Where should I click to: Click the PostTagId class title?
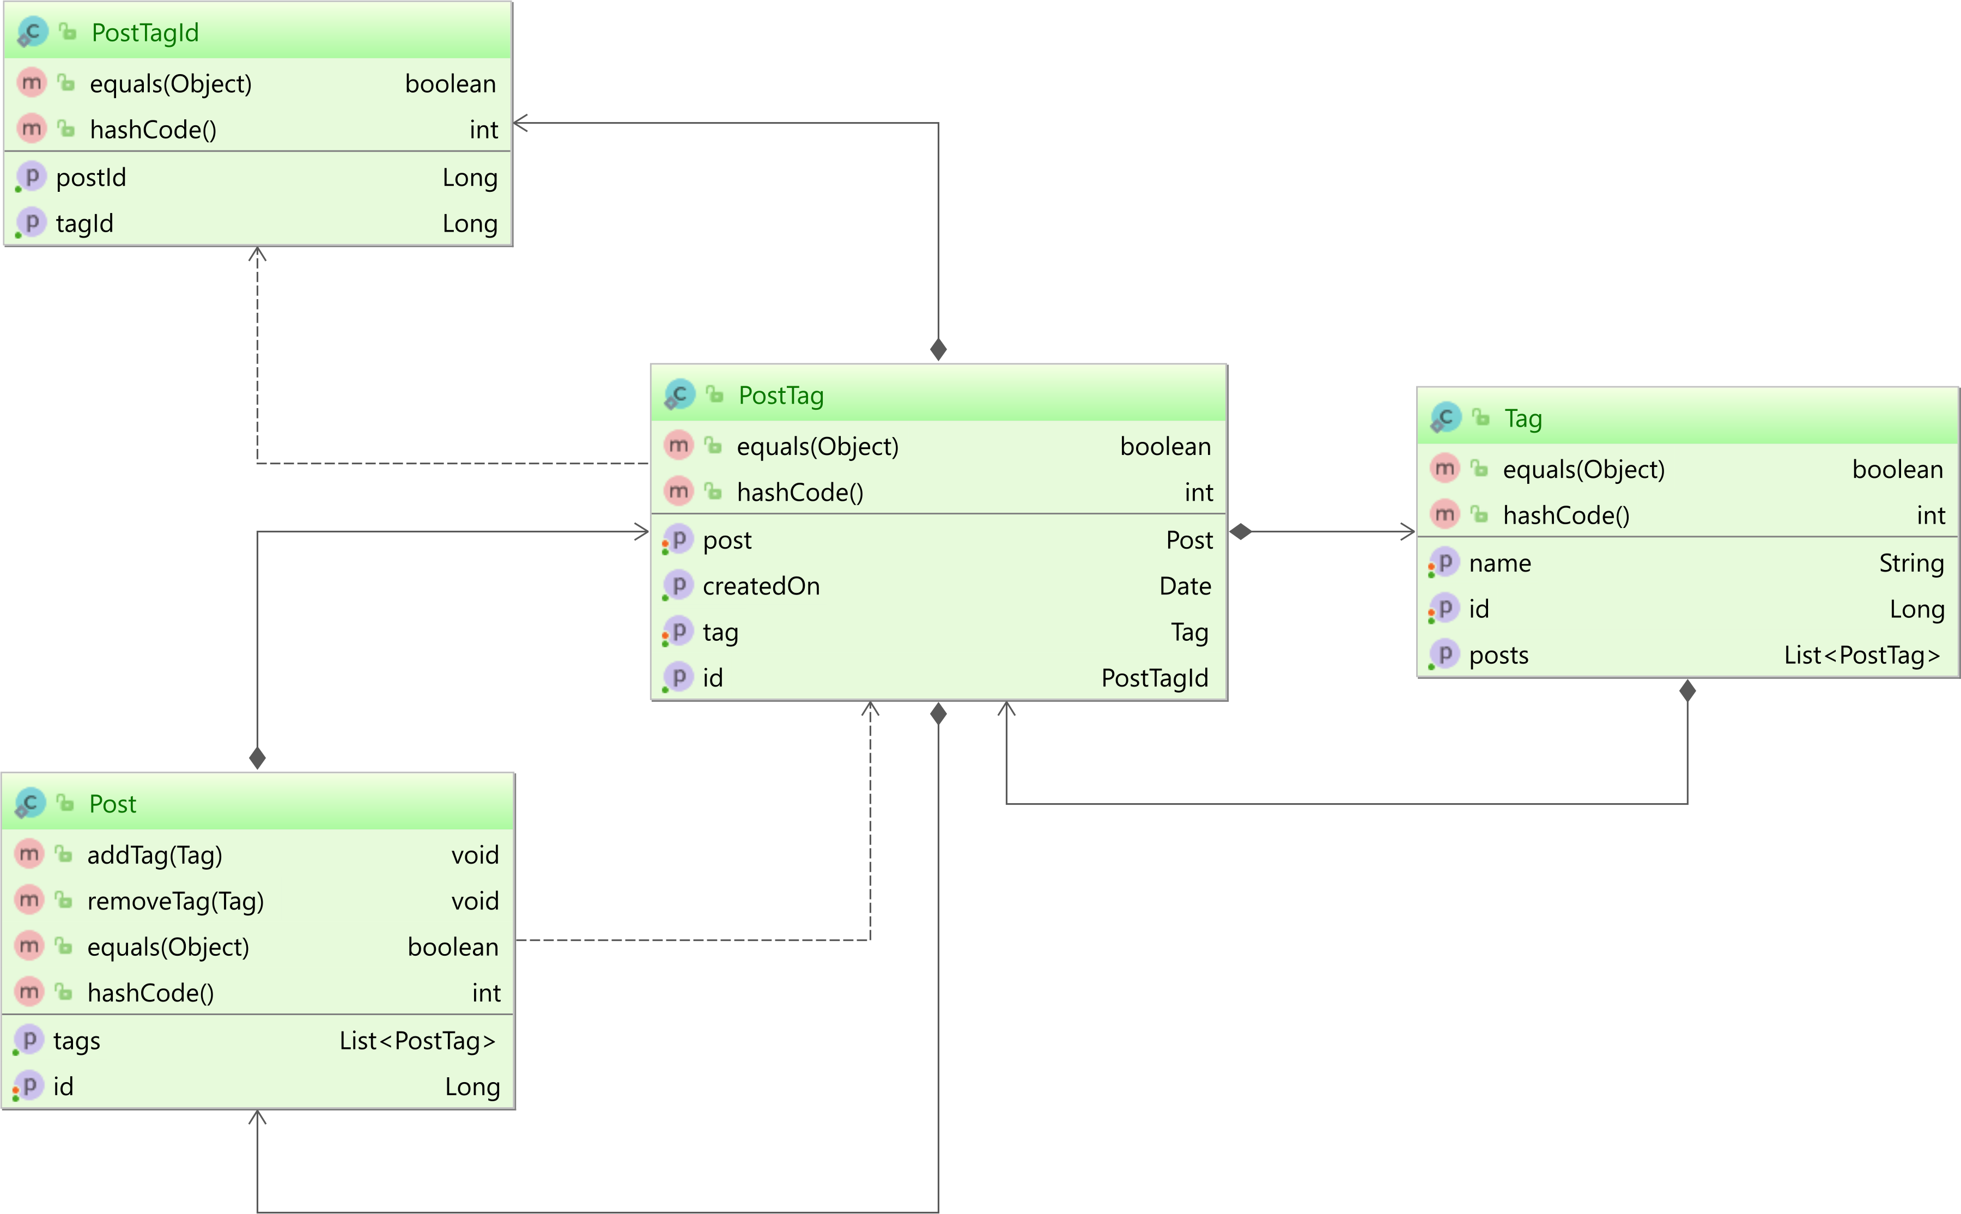click(145, 33)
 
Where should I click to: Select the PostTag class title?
click(781, 396)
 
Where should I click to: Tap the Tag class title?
click(1523, 418)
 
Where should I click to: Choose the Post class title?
click(112, 804)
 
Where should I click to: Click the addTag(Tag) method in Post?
click(155, 855)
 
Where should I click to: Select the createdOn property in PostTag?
click(761, 586)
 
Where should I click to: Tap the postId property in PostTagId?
click(90, 178)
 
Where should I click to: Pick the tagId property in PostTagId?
click(84, 223)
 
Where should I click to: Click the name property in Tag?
click(1499, 563)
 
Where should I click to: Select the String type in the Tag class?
click(1911, 563)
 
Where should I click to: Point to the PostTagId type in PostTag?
click(1154, 678)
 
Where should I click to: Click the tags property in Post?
click(76, 1041)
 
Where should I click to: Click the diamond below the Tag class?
click(1687, 690)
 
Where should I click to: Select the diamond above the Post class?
click(257, 758)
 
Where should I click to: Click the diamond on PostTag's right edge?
click(1240, 531)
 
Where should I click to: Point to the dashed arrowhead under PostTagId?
click(257, 254)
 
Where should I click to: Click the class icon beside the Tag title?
click(1446, 417)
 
